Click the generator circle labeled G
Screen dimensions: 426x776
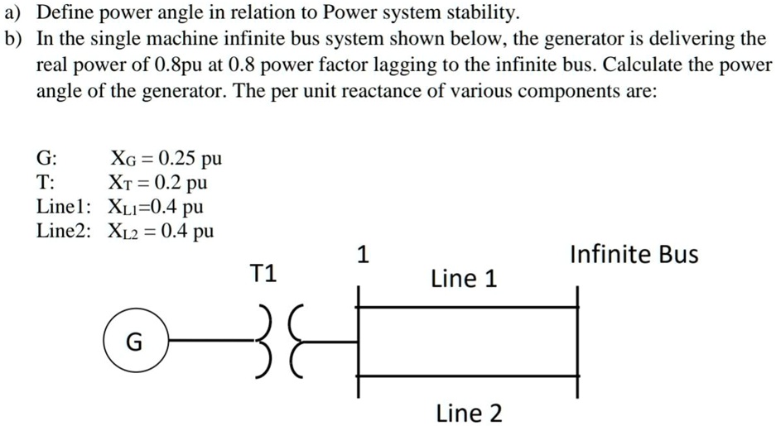134,340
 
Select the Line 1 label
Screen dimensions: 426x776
464,280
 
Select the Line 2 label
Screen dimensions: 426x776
468,412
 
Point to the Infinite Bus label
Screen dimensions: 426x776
634,254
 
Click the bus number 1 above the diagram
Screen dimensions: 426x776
360,254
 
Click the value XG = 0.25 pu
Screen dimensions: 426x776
166,158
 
